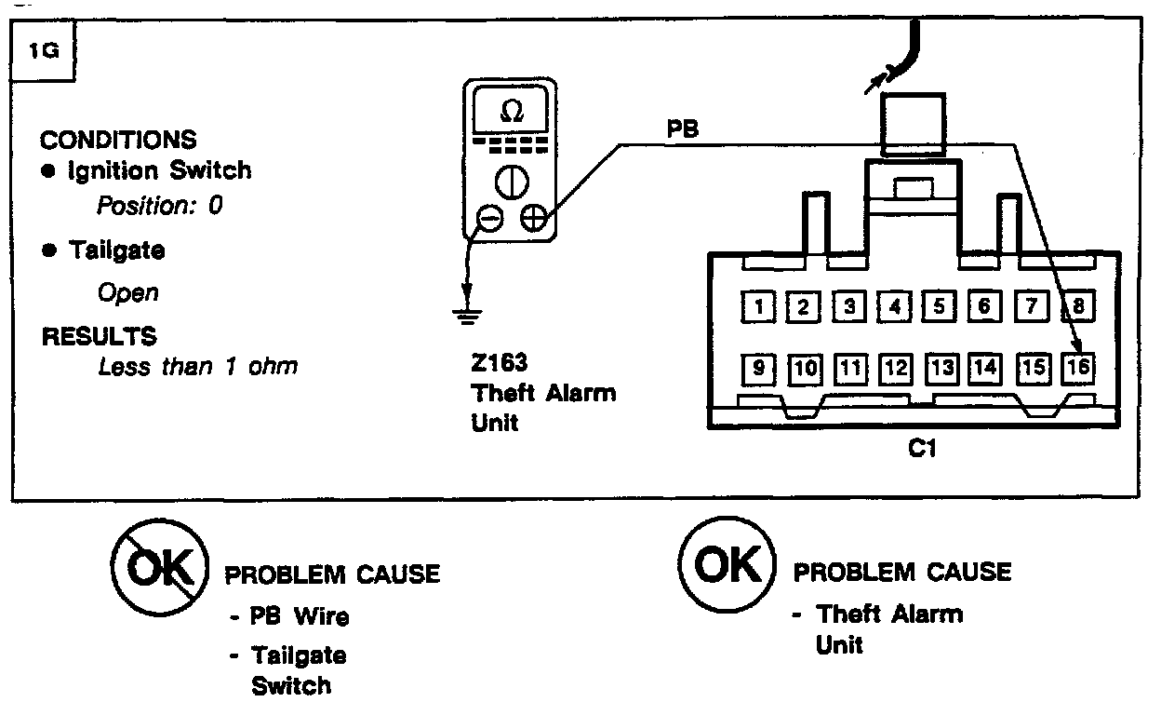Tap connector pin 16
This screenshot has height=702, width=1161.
[1078, 368]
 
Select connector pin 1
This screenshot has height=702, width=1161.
[760, 305]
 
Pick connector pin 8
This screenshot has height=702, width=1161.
[1078, 305]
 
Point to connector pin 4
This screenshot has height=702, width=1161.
[895, 305]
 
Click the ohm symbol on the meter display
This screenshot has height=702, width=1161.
[511, 112]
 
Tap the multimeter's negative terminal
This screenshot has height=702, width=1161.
[489, 220]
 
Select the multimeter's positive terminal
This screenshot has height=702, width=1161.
[533, 220]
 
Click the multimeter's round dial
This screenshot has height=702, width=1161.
[511, 182]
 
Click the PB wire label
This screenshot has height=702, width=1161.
[682, 130]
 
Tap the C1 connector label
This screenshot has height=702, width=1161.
[921, 450]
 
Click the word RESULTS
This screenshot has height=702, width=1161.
[99, 336]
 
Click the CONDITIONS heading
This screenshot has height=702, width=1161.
[118, 140]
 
